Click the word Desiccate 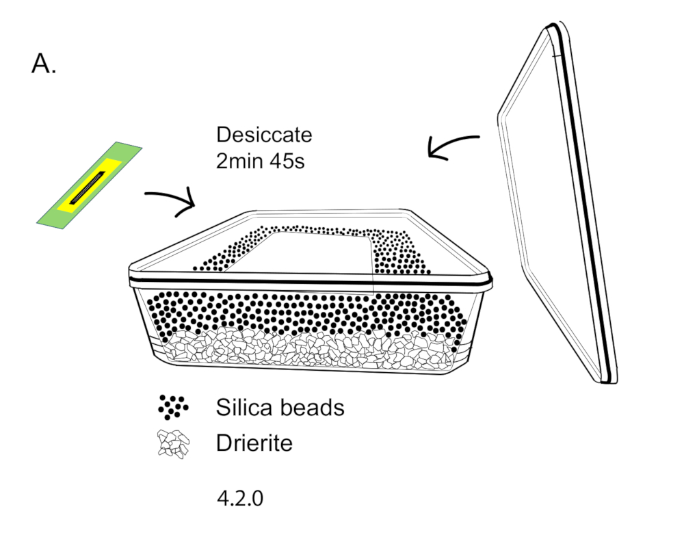coord(264,135)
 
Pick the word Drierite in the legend coord(254,443)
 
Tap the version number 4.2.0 coord(239,498)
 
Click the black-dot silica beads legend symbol coord(172,407)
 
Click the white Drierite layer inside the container coord(308,350)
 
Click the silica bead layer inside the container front coord(308,311)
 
